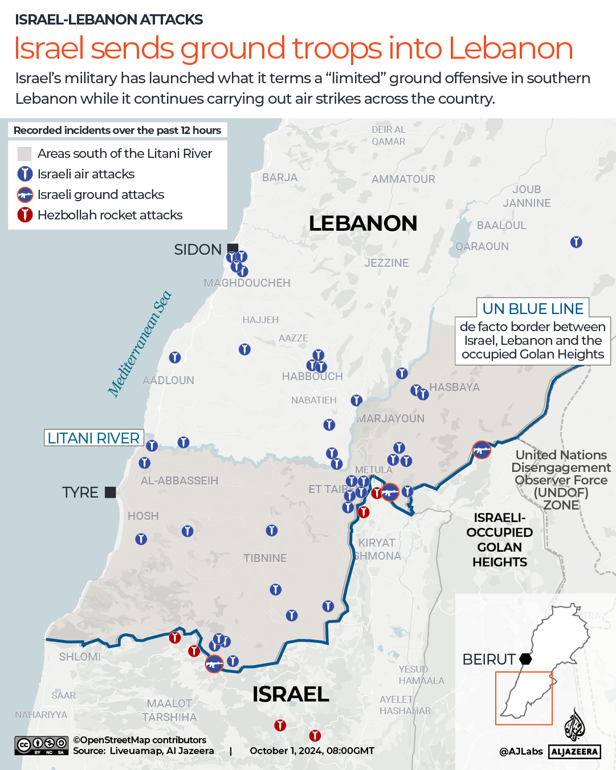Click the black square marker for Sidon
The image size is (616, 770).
click(232, 248)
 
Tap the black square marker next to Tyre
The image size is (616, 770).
click(111, 492)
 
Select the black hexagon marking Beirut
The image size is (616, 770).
click(525, 659)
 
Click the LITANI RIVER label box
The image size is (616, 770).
click(94, 438)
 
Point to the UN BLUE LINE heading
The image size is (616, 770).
click(533, 308)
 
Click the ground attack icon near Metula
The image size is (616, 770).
click(390, 492)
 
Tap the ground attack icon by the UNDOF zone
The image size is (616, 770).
click(482, 450)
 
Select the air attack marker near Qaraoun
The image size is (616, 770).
click(576, 242)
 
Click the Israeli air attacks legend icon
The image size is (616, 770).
click(25, 174)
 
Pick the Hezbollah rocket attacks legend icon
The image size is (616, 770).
click(25, 215)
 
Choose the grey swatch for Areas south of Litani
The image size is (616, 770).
click(25, 153)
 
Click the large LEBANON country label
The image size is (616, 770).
click(363, 223)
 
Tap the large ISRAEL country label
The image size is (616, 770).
click(291, 694)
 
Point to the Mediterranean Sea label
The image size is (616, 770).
click(140, 344)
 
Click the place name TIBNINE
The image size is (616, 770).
click(265, 558)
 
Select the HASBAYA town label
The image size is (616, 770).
click(454, 387)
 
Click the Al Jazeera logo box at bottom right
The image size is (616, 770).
click(574, 752)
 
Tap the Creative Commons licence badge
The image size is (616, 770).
click(42, 745)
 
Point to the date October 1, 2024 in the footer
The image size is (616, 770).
click(312, 751)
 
